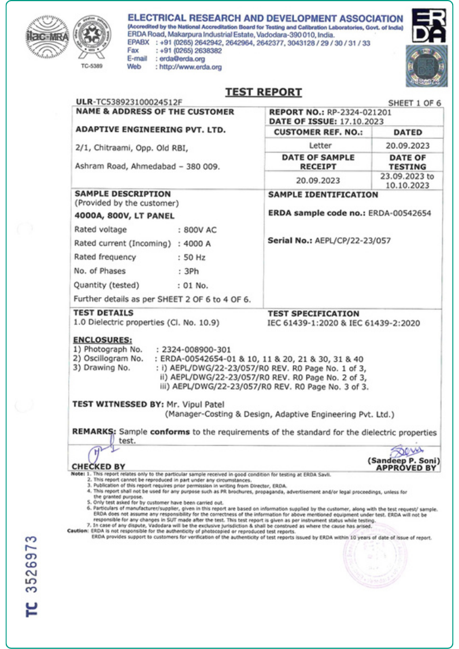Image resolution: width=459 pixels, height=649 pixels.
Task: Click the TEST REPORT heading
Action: (264, 92)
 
